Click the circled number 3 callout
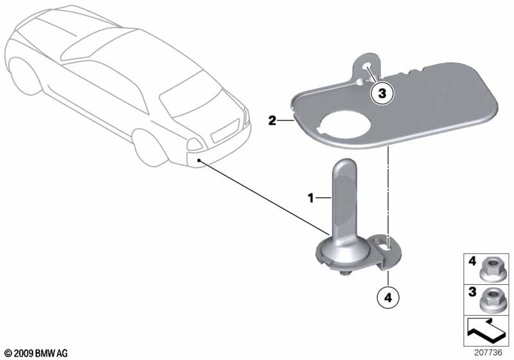(382, 93)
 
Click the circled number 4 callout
(388, 298)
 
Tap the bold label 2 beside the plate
(272, 121)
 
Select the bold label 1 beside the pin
(310, 198)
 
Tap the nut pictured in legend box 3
(491, 300)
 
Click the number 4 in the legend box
(472, 262)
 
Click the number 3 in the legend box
(472, 291)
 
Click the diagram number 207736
(488, 352)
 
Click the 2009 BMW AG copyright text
(37, 353)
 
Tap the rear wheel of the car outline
(150, 147)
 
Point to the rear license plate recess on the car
(225, 130)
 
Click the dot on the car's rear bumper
(199, 160)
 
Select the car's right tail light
(194, 144)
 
